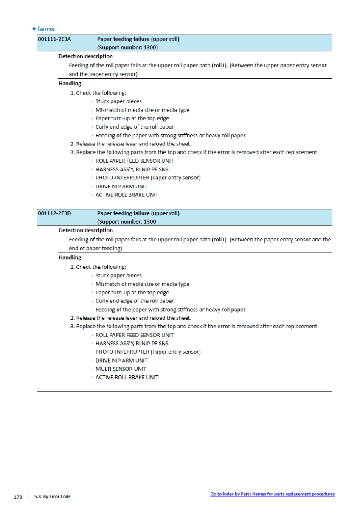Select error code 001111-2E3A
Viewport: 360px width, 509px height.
click(54, 39)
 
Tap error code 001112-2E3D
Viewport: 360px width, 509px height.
click(54, 213)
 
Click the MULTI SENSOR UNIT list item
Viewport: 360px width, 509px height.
click(121, 369)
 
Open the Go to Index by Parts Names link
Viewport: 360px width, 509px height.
click(272, 494)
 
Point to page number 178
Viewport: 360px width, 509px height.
click(17, 497)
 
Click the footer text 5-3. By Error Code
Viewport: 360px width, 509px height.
click(53, 497)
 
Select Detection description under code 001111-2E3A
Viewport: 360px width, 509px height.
click(85, 56)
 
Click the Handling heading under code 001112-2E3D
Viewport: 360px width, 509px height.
click(70, 257)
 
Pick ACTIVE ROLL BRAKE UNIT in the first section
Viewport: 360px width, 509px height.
click(127, 195)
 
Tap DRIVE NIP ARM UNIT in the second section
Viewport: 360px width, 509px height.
click(121, 361)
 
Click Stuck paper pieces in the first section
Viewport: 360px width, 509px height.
click(118, 101)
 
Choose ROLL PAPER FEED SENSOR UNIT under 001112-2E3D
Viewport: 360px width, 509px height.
click(134, 335)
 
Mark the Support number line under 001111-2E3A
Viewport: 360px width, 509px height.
click(127, 48)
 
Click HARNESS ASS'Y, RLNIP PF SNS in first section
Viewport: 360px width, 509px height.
click(132, 169)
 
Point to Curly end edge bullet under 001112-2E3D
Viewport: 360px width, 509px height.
click(134, 301)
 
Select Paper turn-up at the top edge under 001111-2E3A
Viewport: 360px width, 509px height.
click(132, 118)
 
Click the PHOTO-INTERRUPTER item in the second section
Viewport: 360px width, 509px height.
click(148, 352)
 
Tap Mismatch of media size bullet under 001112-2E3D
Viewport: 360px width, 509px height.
click(142, 284)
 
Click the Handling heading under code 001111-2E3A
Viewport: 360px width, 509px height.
click(70, 83)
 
